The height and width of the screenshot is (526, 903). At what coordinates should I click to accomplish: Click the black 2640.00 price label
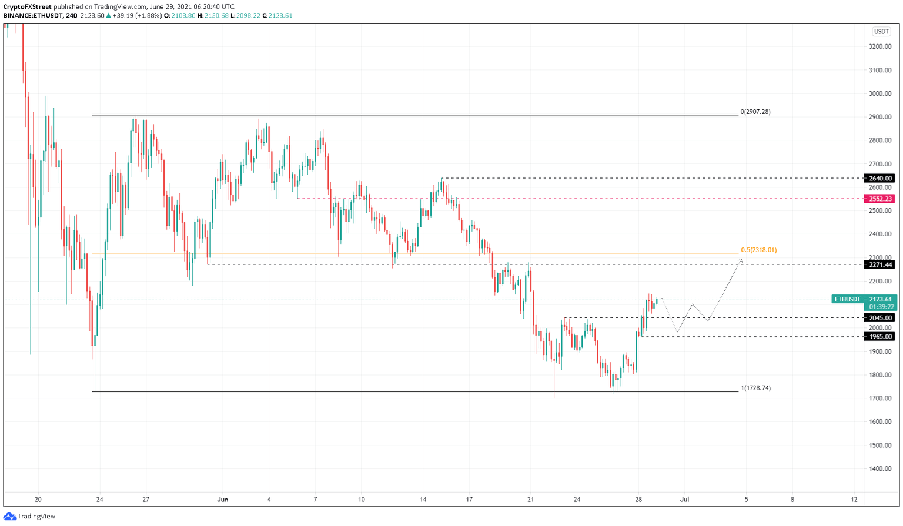pos(879,178)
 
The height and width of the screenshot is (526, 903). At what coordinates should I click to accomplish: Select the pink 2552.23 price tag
pos(879,199)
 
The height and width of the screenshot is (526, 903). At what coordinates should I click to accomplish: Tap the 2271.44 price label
pos(879,264)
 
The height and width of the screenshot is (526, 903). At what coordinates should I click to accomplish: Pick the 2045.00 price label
pos(879,318)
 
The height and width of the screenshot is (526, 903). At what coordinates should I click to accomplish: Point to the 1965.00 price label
pos(879,337)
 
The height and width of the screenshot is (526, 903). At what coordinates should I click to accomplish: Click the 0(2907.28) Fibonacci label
pos(755,112)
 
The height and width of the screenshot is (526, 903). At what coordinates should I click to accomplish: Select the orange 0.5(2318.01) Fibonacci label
pos(758,250)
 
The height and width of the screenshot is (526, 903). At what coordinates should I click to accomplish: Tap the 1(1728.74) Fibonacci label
pos(755,388)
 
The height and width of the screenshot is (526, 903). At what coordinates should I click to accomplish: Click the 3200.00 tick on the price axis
pos(880,46)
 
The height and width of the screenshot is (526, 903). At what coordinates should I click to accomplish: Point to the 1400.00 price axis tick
pos(880,469)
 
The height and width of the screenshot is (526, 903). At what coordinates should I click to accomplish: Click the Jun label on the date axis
pos(222,500)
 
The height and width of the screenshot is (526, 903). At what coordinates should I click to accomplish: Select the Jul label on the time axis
pos(684,500)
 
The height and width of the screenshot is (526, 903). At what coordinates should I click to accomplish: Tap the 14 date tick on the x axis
pos(423,500)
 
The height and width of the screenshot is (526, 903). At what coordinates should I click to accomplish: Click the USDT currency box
pos(881,32)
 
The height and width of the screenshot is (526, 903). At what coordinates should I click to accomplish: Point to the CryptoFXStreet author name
pos(27,7)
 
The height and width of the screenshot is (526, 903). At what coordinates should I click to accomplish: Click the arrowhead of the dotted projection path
pos(741,260)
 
